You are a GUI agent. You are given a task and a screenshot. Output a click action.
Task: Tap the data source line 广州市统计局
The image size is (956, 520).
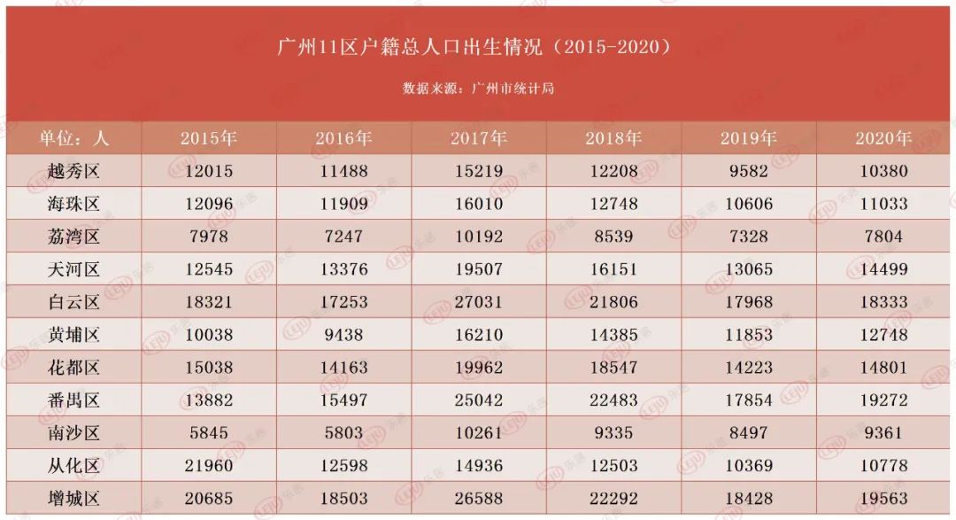tap(478, 89)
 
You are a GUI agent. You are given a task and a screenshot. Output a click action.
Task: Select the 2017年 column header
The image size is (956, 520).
tap(478, 138)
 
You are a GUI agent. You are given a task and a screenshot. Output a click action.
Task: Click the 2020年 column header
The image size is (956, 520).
tap(883, 138)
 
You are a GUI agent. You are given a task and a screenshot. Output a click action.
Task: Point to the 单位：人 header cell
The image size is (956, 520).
tap(73, 138)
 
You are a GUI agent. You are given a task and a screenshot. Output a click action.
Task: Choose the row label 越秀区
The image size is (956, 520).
tap(73, 171)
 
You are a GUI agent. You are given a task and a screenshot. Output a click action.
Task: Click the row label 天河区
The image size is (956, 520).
tap(73, 269)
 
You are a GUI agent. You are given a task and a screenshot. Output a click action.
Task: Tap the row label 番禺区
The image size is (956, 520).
tap(73, 400)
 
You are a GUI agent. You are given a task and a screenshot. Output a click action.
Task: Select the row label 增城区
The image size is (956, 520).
tap(73, 499)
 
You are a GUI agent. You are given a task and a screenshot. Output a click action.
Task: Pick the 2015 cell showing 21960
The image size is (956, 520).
tap(208, 466)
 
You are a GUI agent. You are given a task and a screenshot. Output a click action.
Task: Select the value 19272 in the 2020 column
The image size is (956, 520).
tap(883, 400)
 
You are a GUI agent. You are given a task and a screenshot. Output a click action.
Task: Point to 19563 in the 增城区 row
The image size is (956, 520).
tap(883, 499)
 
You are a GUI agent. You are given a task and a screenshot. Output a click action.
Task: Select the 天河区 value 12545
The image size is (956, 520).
tap(208, 269)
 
